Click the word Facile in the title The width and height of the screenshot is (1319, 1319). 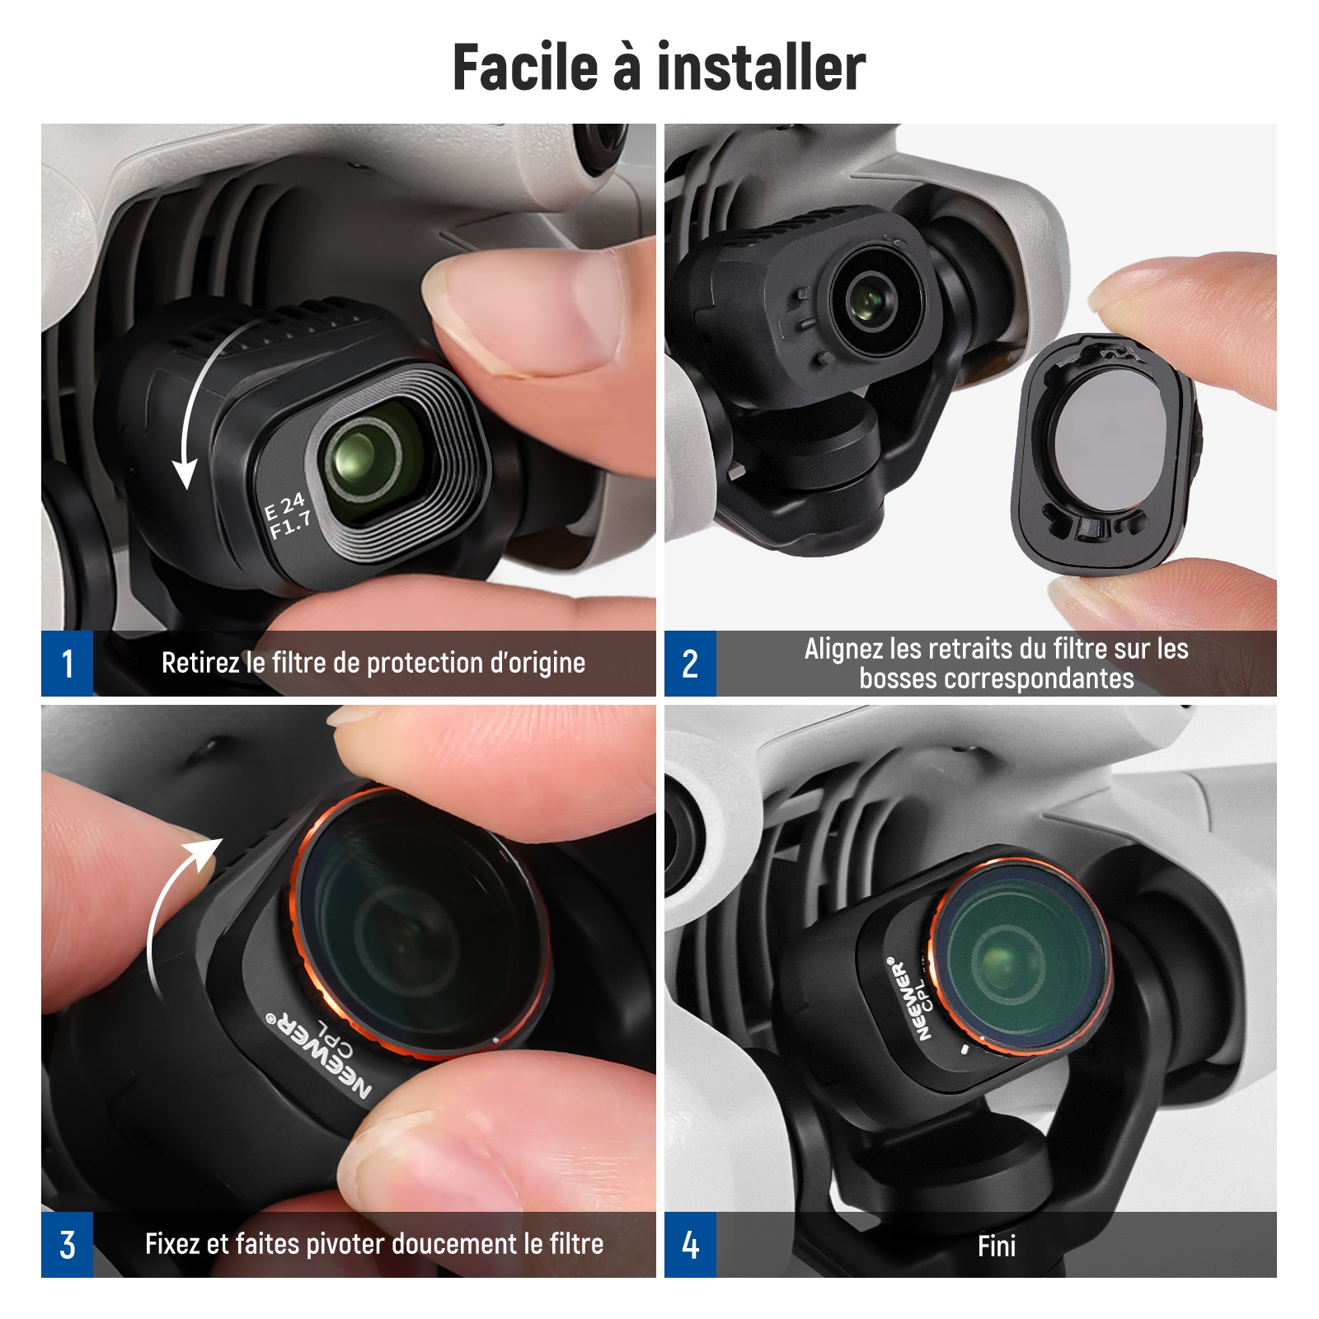pyautogui.click(x=525, y=67)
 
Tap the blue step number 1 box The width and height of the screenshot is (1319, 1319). pyautogui.click(x=67, y=664)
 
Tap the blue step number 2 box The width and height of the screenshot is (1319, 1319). pyautogui.click(x=690, y=664)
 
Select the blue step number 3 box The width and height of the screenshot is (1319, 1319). pyautogui.click(x=67, y=1244)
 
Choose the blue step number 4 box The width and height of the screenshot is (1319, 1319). pyautogui.click(x=690, y=1244)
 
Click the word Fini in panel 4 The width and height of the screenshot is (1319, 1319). pyautogui.click(x=997, y=1246)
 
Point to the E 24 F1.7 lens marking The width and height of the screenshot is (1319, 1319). pyautogui.click(x=288, y=516)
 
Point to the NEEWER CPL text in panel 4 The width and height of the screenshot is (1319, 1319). pyautogui.click(x=909, y=998)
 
